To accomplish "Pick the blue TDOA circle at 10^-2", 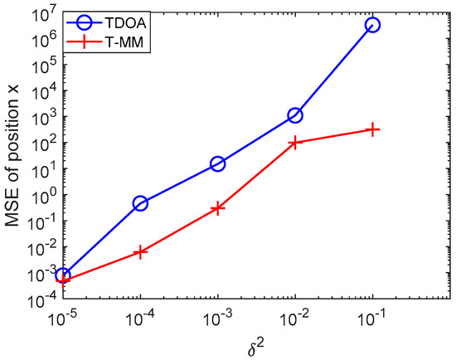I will tap(295, 115).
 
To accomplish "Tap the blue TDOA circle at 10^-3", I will tap(218, 164).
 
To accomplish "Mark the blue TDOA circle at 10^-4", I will tap(140, 203).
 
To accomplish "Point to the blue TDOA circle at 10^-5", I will tap(63, 275).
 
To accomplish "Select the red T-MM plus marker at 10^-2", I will tap(295, 143).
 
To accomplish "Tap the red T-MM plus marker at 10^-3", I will tap(218, 208).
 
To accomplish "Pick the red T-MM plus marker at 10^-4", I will tap(140, 251).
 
